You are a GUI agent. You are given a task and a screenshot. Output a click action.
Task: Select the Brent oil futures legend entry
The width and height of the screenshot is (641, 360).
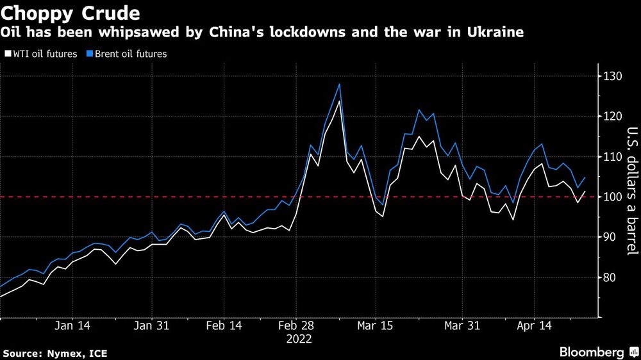click(130, 54)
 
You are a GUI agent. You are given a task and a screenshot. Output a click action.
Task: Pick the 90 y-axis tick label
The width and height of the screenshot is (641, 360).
click(610, 238)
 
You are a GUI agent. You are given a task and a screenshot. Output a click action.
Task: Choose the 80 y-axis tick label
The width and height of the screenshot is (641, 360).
click(610, 278)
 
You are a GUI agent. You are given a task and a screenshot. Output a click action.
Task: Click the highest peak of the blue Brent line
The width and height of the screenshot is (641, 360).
click(339, 84)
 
